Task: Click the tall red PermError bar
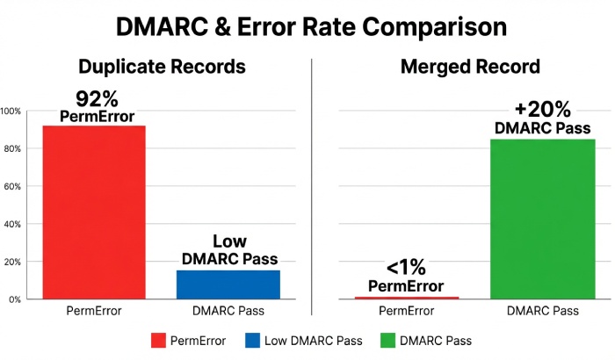point(94,212)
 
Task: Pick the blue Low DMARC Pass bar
point(229,284)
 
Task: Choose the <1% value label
point(406,267)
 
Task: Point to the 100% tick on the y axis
point(11,112)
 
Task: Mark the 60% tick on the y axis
point(12,186)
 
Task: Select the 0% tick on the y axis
point(15,299)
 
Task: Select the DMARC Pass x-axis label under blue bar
point(229,312)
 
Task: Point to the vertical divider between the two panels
point(312,184)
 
